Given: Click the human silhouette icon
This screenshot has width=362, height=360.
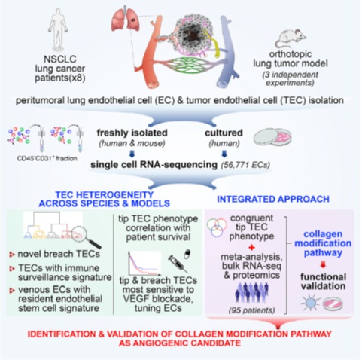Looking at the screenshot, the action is click(x=58, y=30).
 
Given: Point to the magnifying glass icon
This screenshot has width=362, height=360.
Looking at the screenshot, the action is click(x=88, y=236).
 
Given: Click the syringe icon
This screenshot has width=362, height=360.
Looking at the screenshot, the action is click(x=178, y=263).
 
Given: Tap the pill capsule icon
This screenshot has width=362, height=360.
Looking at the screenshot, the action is click(x=187, y=254).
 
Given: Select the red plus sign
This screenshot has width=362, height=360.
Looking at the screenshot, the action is click(x=251, y=247).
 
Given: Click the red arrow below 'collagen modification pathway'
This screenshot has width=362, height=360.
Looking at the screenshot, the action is click(x=323, y=264).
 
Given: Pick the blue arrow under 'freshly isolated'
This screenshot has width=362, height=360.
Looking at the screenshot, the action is click(x=132, y=154).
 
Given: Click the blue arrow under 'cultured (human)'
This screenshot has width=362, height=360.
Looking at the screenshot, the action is click(x=224, y=154).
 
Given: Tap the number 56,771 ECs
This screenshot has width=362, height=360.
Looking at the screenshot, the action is click(x=245, y=165).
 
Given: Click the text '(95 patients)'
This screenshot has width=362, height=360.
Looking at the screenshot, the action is click(x=251, y=310).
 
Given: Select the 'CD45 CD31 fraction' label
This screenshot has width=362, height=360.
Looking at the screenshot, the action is click(x=47, y=159).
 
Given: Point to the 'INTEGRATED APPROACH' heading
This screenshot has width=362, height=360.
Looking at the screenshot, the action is click(x=273, y=199).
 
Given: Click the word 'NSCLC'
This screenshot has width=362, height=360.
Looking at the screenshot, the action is click(x=60, y=59).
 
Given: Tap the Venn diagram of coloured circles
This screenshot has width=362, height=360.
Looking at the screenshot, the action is click(x=217, y=227).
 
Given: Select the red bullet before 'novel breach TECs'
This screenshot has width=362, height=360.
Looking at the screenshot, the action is click(x=12, y=255).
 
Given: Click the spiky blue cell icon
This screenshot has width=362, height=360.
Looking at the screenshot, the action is click(x=310, y=302).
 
